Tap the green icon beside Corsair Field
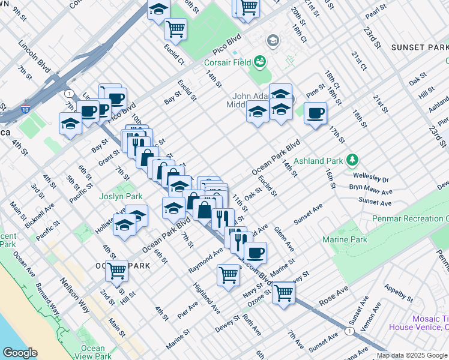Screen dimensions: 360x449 point(260,61)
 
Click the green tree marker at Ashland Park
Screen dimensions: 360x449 point(352,160)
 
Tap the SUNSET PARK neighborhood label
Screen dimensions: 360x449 point(420,47)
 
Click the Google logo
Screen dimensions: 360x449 point(20,353)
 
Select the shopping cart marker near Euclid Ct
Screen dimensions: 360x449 point(175,27)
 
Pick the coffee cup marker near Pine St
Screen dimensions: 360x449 point(315,113)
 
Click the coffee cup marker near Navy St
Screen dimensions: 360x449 point(255,253)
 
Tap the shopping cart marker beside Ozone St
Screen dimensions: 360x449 point(283,293)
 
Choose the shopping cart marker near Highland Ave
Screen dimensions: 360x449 point(228,275)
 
